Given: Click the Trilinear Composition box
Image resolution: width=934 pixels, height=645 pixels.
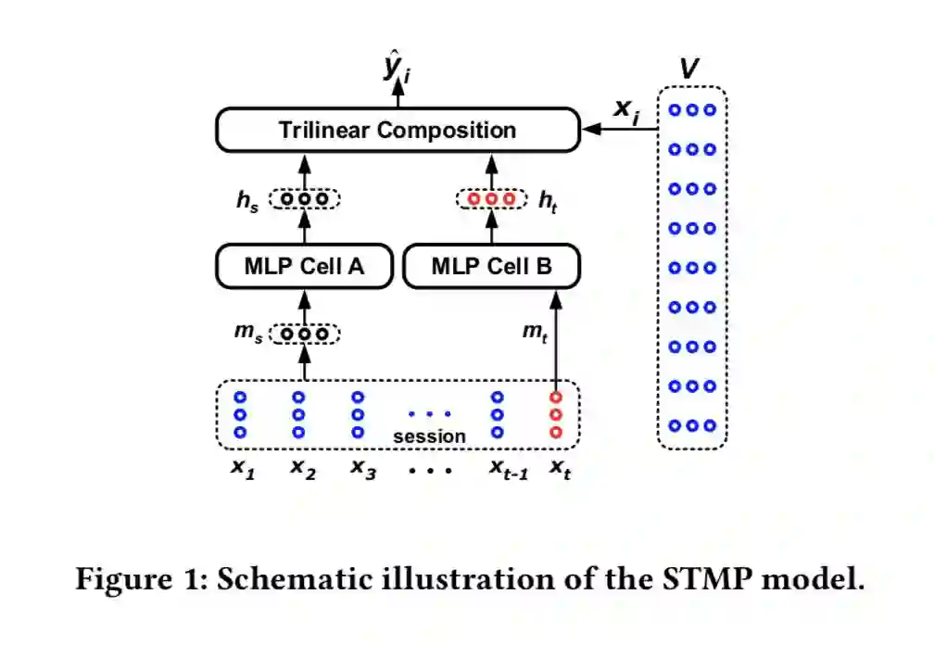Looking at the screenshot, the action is (397, 130).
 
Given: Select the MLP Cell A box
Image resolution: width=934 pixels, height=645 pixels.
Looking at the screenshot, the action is (304, 267).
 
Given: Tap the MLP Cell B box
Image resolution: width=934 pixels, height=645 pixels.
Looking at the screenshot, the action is (491, 267).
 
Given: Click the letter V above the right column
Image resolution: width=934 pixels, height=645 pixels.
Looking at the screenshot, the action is (690, 69).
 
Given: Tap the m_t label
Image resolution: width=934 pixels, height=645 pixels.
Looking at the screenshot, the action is (535, 334).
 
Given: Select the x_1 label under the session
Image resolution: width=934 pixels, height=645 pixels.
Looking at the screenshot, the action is (242, 469).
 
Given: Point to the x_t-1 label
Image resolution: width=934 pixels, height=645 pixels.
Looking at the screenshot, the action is (508, 469).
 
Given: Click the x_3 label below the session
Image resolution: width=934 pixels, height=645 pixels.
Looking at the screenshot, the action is (361, 469).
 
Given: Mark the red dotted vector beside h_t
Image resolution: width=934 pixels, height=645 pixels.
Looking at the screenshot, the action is (491, 199).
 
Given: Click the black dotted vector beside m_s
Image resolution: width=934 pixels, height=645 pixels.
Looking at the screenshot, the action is (305, 334).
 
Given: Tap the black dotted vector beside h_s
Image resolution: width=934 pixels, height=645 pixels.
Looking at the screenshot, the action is (305, 199).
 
